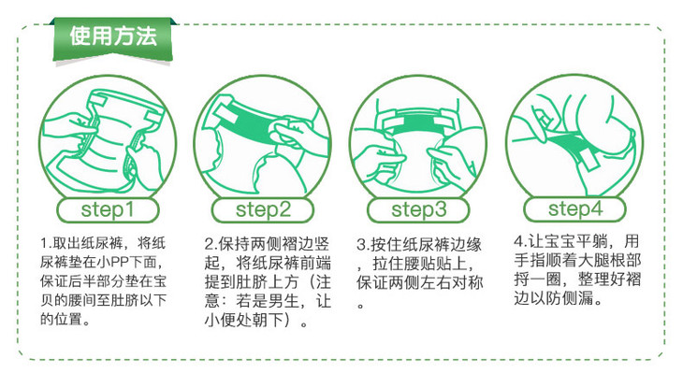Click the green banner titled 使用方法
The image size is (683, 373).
113,39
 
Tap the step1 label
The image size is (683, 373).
108,209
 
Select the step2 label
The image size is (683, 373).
263,209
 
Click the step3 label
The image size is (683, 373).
418,209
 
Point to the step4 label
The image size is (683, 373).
575,208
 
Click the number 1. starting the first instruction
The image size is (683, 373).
46,243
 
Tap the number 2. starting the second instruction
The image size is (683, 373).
211,244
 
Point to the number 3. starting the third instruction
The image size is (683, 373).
363,245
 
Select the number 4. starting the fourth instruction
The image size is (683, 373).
520,241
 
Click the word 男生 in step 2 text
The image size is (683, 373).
283,301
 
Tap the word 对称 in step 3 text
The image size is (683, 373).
468,283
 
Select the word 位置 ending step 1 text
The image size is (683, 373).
67,319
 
